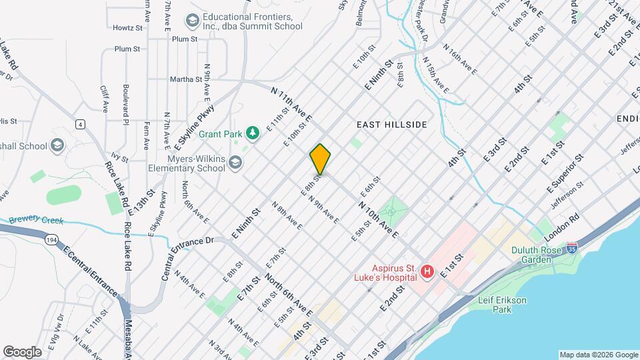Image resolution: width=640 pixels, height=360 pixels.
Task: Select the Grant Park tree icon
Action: [x=253, y=133]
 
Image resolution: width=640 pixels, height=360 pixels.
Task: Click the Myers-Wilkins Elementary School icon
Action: [x=235, y=162]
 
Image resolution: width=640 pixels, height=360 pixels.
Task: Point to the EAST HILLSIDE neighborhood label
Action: [x=391, y=125]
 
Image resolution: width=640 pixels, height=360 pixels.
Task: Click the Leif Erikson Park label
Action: [x=502, y=305]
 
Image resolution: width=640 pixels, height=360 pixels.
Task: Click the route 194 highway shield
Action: [x=51, y=238]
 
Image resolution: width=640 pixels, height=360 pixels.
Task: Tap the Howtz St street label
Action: [x=128, y=28]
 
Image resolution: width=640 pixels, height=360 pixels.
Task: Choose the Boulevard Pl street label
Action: [x=125, y=103]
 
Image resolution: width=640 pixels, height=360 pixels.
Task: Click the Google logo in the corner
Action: [x=23, y=351]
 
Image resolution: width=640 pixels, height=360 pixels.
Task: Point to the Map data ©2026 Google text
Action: [x=597, y=355]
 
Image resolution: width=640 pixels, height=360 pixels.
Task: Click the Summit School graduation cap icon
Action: [x=193, y=21]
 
